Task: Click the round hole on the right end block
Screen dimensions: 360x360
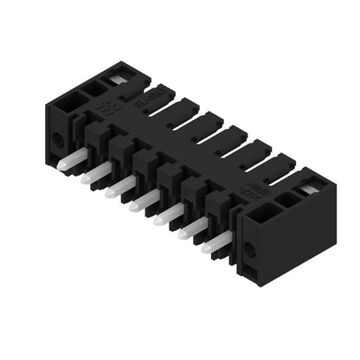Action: (x=251, y=251)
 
